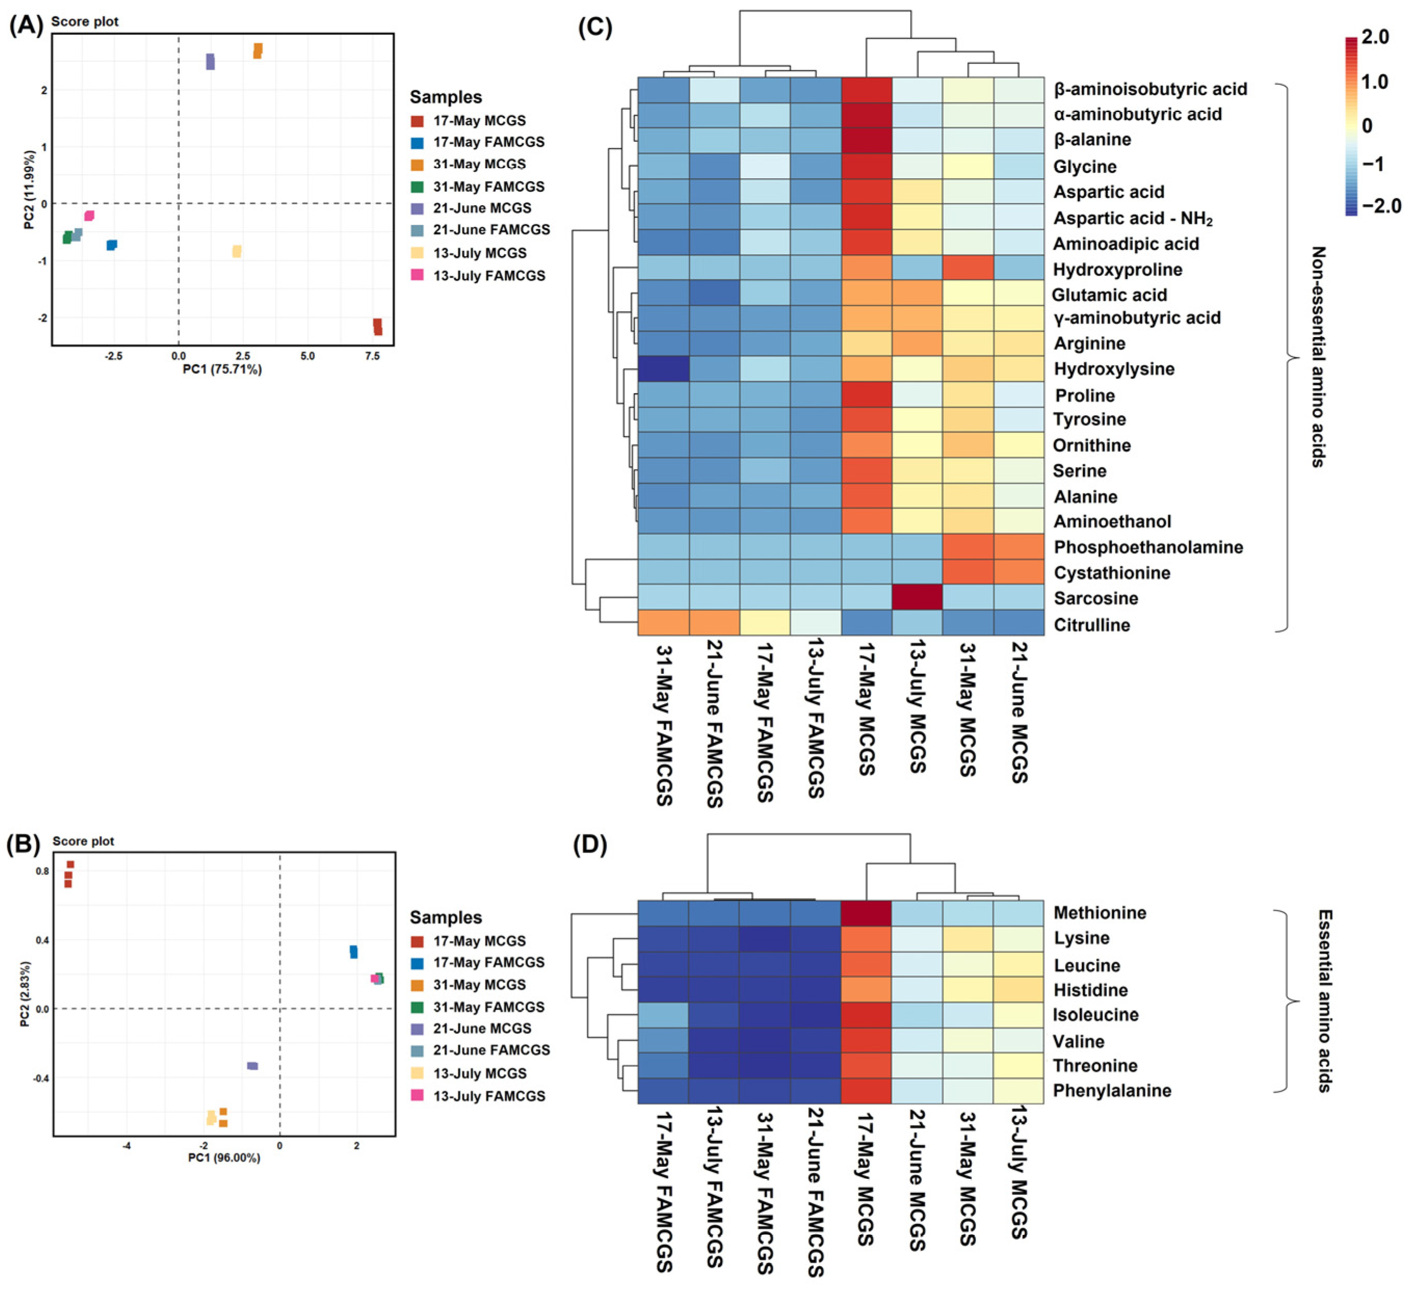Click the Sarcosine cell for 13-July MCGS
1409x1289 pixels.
tap(917, 597)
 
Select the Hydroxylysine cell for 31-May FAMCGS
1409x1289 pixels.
tap(663, 369)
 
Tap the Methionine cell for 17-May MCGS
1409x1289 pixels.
tap(866, 912)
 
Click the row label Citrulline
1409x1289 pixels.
tap(1091, 624)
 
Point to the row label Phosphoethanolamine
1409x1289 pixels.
tap(1148, 547)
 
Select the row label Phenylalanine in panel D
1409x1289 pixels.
tap(1111, 1091)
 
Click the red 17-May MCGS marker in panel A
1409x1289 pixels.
tap(377, 326)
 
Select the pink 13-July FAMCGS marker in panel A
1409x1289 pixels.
tap(89, 216)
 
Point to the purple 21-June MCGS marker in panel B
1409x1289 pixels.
tap(252, 1066)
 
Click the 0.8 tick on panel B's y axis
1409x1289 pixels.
tap(43, 871)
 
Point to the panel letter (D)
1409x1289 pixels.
tap(590, 845)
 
